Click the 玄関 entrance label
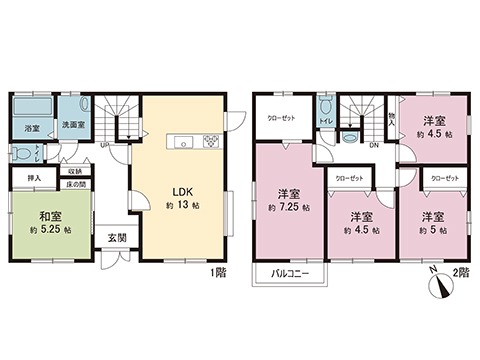point(117,238)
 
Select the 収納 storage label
point(75,171)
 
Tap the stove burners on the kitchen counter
point(211,141)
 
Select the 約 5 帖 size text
point(431,230)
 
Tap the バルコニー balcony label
point(287,274)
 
